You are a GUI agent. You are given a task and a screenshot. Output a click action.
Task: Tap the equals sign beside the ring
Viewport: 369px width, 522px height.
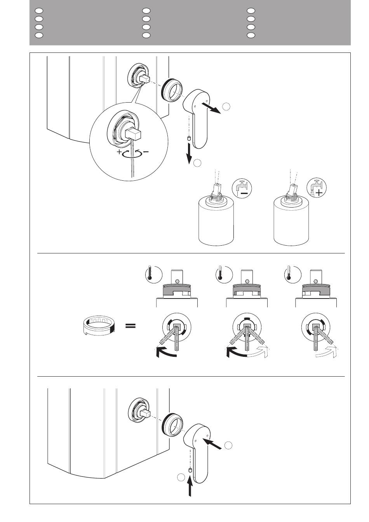pos(131,326)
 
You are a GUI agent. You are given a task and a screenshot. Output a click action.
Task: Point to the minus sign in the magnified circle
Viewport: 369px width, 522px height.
pos(146,152)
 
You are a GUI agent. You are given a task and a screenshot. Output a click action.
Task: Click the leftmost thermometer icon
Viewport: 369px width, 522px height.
pos(149,273)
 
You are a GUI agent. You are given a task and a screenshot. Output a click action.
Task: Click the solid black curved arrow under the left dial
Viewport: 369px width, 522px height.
pos(165,352)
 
